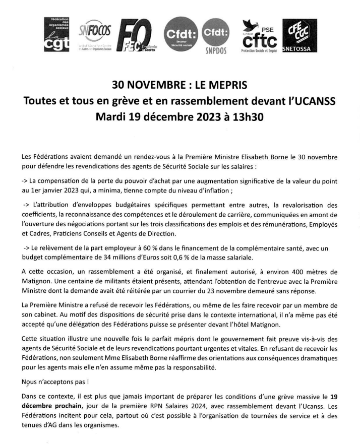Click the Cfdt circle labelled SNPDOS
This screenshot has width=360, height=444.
click(216, 36)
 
